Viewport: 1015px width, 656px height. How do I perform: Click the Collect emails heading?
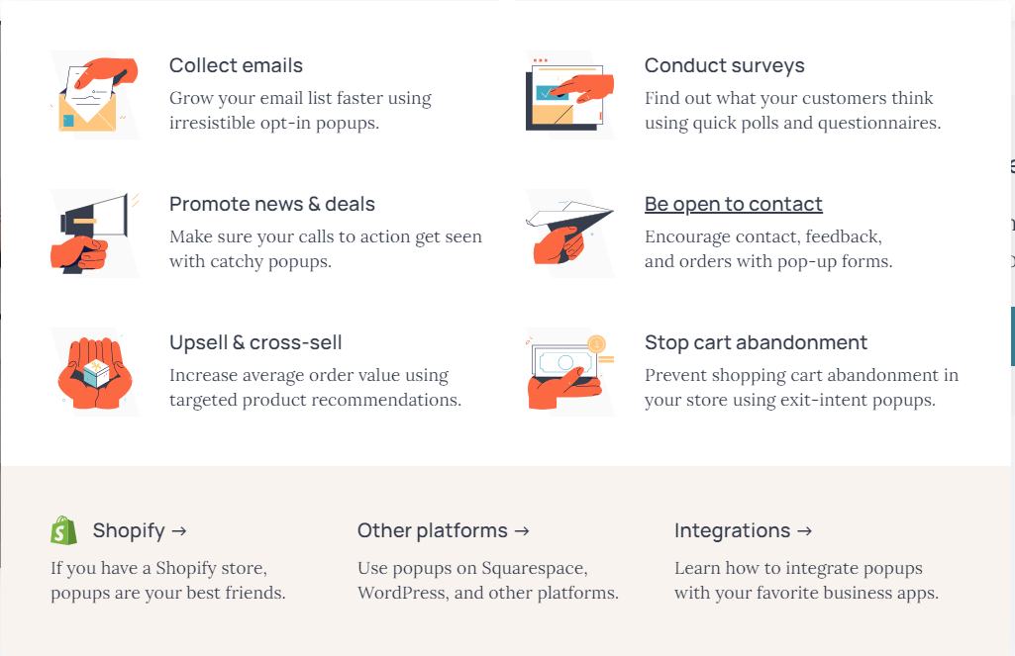236,65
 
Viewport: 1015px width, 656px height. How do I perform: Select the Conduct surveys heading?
724,65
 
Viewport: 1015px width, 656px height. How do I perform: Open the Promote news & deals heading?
272,204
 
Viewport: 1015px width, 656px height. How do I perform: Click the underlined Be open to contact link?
734,204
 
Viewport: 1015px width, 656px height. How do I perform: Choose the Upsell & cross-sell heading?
255,342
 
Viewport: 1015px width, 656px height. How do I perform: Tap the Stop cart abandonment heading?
756,342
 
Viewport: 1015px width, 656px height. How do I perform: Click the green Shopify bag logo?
63,530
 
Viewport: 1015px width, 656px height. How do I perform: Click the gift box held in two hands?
96,373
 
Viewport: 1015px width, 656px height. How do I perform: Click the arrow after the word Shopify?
179,531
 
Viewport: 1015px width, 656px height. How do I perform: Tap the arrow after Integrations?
805,531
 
